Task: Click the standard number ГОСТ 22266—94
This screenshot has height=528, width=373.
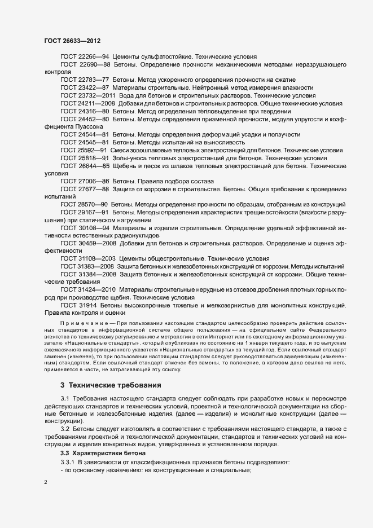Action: tap(85, 57)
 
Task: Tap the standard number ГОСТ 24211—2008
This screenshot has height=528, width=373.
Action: tap(88, 104)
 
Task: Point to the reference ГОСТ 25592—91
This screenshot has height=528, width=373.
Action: tap(84, 151)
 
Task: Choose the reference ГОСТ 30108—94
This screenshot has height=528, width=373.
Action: tap(85, 227)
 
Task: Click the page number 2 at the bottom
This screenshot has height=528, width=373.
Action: tap(46, 483)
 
